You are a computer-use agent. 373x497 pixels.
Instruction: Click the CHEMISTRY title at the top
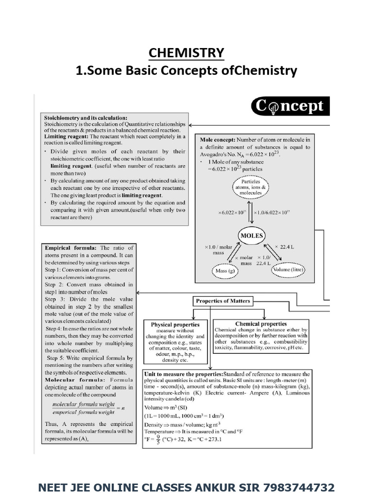186,52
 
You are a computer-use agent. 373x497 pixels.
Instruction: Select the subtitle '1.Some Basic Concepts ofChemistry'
186,71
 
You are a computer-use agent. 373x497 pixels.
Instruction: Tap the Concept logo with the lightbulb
290,106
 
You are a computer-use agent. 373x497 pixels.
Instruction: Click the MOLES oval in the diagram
251,236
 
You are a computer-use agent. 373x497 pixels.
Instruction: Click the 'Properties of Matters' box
223,301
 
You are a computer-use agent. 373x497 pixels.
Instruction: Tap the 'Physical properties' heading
175,324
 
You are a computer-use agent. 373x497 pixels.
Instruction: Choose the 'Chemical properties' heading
261,324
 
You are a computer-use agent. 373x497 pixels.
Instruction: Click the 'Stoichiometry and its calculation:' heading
86,117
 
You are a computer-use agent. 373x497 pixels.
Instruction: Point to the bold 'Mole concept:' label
218,139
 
